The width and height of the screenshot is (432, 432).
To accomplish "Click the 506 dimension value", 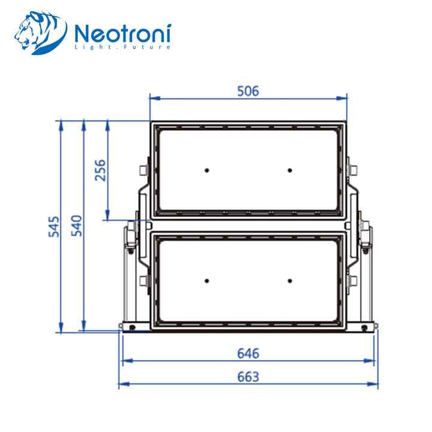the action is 248,91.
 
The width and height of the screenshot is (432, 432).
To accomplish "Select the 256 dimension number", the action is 100,170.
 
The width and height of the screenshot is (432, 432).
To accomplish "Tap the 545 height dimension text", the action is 54,226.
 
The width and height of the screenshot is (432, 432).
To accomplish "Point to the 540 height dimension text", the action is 77,226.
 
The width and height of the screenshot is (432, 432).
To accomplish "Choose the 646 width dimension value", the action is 248,353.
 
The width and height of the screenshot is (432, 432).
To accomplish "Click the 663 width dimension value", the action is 248,377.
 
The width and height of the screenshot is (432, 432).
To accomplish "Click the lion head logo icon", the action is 41,32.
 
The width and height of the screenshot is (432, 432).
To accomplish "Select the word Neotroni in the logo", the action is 123,34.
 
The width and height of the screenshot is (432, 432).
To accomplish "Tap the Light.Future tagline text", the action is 123,47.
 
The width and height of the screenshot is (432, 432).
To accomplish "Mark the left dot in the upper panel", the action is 206,170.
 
